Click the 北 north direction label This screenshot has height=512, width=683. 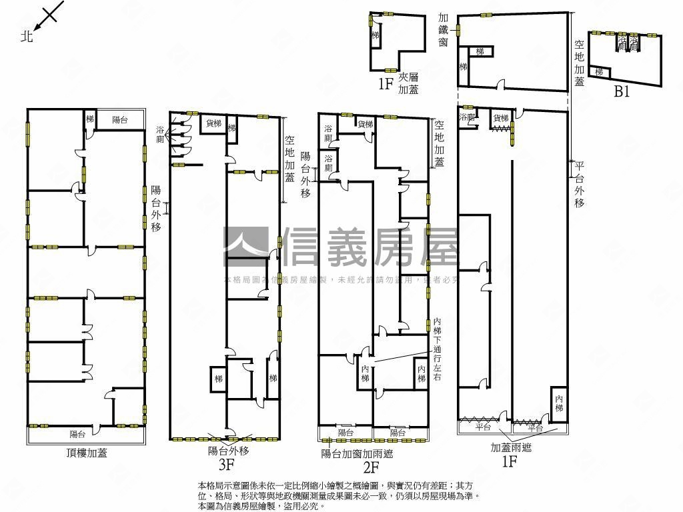pyautogui.click(x=27, y=37)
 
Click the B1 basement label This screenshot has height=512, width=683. pyautogui.click(x=622, y=92)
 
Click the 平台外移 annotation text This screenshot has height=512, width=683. pyautogui.click(x=579, y=184)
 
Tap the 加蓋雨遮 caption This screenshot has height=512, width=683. pyautogui.click(x=511, y=448)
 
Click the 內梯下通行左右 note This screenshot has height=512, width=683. pyautogui.click(x=438, y=348)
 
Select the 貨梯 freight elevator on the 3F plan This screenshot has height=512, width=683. pyautogui.click(x=213, y=123)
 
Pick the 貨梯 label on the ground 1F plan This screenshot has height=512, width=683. pyautogui.click(x=501, y=118)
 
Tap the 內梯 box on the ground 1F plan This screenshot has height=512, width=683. pyautogui.click(x=559, y=403)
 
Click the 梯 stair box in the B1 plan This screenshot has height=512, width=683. pyautogui.click(x=599, y=72)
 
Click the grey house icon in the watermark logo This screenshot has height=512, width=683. pyautogui.click(x=245, y=246)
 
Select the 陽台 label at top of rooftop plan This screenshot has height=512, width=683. pyautogui.click(x=120, y=120)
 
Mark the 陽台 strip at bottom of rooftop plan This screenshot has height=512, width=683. pyautogui.click(x=78, y=434)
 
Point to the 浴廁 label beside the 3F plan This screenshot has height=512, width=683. pyautogui.click(x=160, y=134)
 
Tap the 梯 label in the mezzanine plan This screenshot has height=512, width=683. pyautogui.click(x=376, y=35)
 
